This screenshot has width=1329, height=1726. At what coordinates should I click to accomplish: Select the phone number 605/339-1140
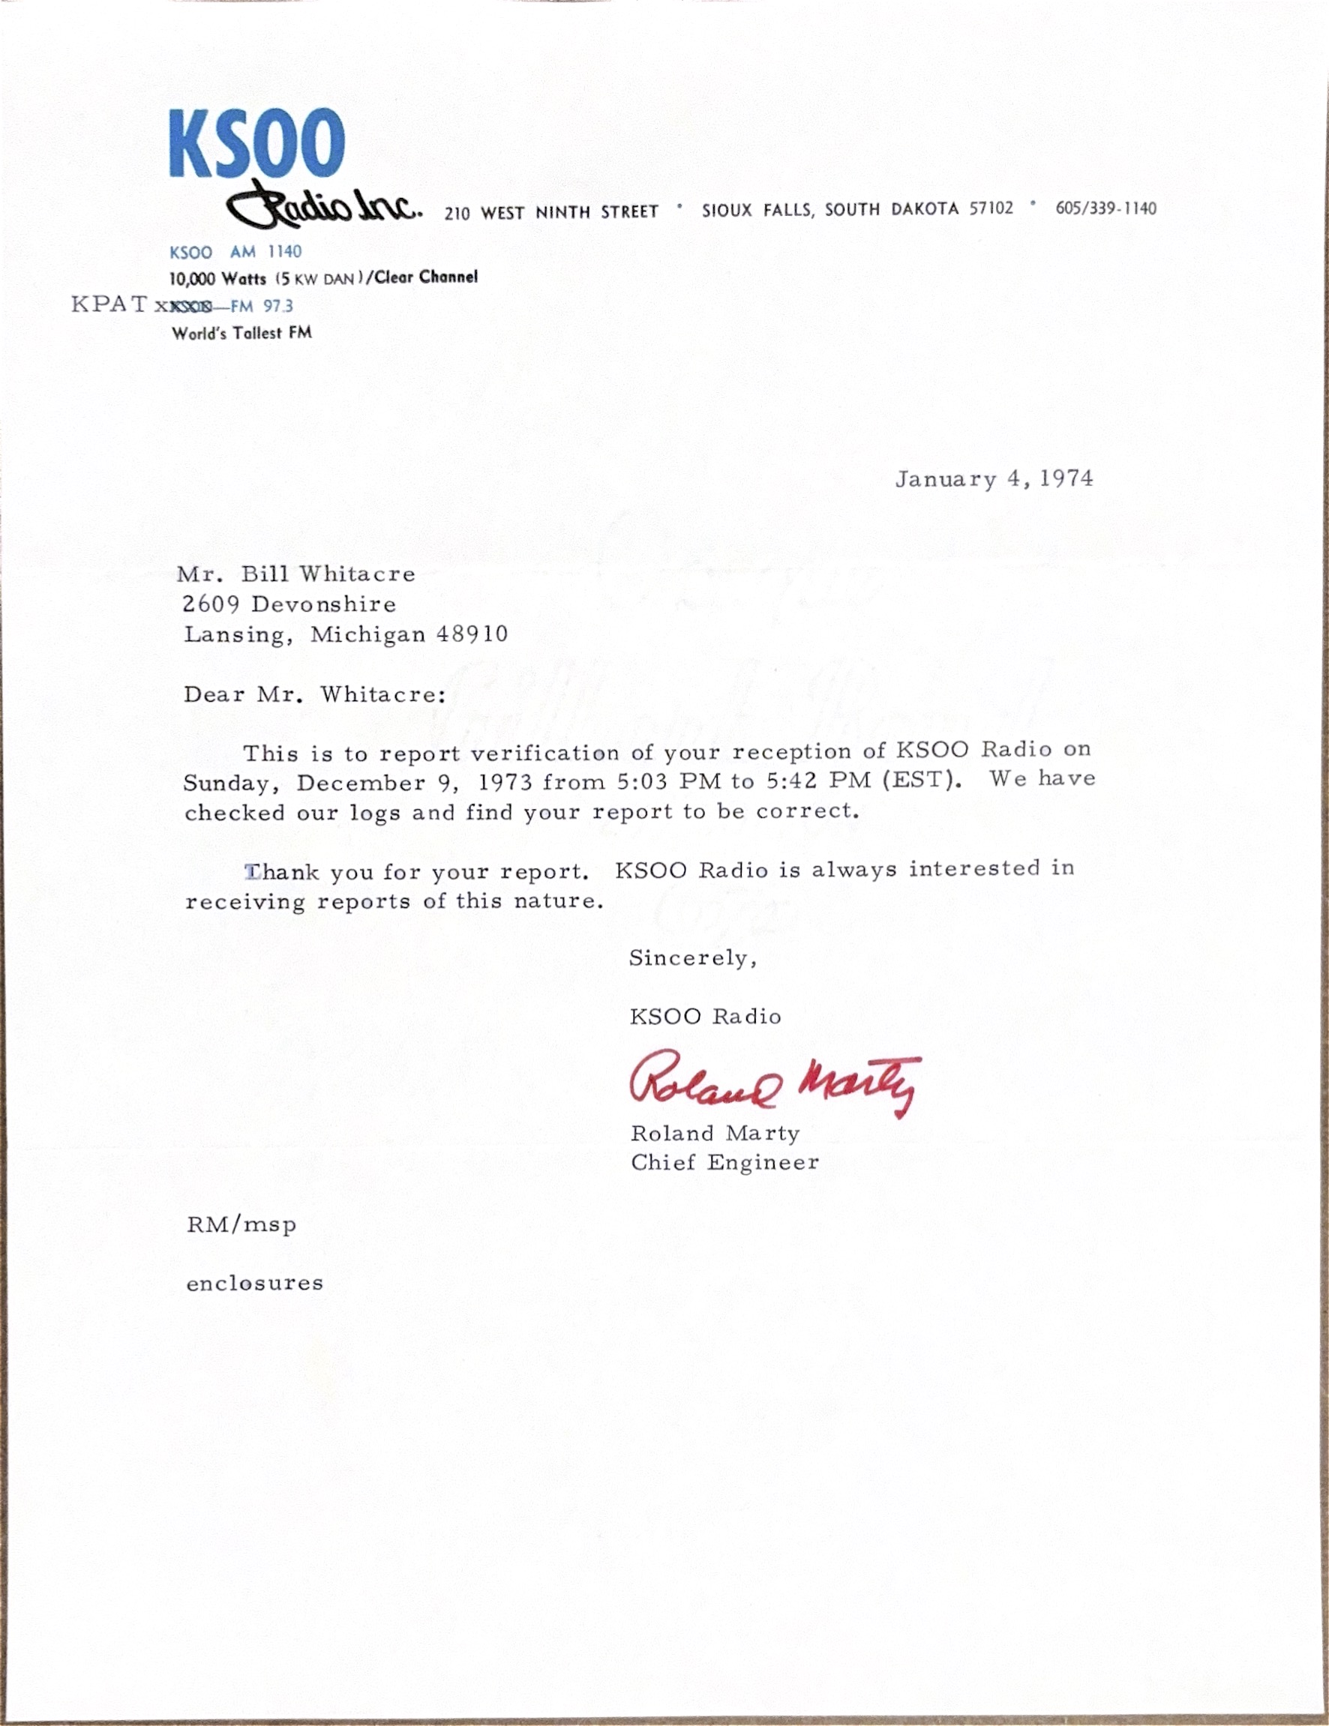pyautogui.click(x=1105, y=208)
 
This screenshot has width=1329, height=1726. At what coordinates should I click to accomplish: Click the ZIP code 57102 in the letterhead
pyautogui.click(x=991, y=208)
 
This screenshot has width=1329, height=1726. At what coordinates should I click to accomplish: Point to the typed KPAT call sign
pyautogui.click(x=109, y=304)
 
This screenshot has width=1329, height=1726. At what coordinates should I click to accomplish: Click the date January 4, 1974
pyautogui.click(x=994, y=479)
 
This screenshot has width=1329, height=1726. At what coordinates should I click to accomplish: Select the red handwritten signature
pyautogui.click(x=775, y=1083)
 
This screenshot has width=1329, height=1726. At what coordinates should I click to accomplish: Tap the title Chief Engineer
pyautogui.click(x=724, y=1162)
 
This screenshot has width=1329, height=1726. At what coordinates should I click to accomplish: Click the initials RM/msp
pyautogui.click(x=241, y=1225)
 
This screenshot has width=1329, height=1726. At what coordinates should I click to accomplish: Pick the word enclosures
pyautogui.click(x=254, y=1284)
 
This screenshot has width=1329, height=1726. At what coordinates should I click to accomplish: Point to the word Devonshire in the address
pyautogui.click(x=323, y=604)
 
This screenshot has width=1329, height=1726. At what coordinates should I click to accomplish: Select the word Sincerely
pyautogui.click(x=692, y=959)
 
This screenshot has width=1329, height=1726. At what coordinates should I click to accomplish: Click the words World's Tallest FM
pyautogui.click(x=242, y=334)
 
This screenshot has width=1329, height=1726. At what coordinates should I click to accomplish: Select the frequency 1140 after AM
pyautogui.click(x=283, y=252)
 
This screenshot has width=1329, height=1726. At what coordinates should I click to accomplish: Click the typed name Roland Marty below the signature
pyautogui.click(x=715, y=1133)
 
